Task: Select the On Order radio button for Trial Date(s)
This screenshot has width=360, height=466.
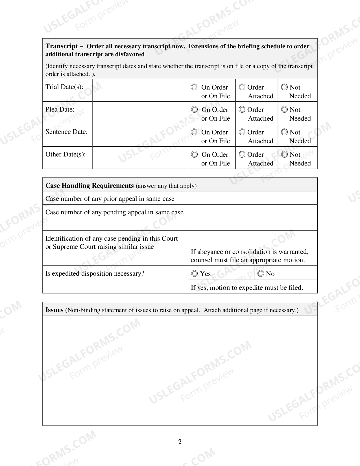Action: tap(194, 87)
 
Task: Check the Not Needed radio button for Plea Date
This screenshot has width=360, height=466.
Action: tap(285, 110)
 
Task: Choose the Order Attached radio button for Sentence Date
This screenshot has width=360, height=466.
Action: tap(242, 132)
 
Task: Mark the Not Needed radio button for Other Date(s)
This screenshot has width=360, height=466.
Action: tap(285, 154)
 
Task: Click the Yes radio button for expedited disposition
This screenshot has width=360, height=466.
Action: tap(195, 273)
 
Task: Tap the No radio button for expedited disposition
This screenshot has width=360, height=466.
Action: tap(261, 273)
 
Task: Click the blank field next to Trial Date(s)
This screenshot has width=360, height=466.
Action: tap(140, 90)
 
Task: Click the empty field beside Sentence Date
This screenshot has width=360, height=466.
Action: tap(140, 135)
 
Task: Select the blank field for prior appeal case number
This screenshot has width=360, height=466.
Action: tap(253, 198)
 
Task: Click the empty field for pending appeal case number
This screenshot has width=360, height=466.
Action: tap(253, 217)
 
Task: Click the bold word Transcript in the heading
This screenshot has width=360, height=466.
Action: tap(62, 46)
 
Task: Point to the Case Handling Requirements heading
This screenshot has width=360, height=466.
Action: tap(90, 186)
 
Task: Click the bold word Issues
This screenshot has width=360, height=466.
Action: tap(54, 310)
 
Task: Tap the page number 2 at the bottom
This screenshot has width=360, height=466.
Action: tap(180, 442)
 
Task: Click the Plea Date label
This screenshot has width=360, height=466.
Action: tap(60, 110)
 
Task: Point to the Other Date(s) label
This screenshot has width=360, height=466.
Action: tap(66, 154)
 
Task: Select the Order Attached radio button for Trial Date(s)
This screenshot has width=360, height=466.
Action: tap(242, 87)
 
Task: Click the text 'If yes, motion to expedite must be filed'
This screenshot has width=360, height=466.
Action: tap(247, 288)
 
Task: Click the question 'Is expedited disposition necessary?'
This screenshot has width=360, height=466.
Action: tap(95, 273)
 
